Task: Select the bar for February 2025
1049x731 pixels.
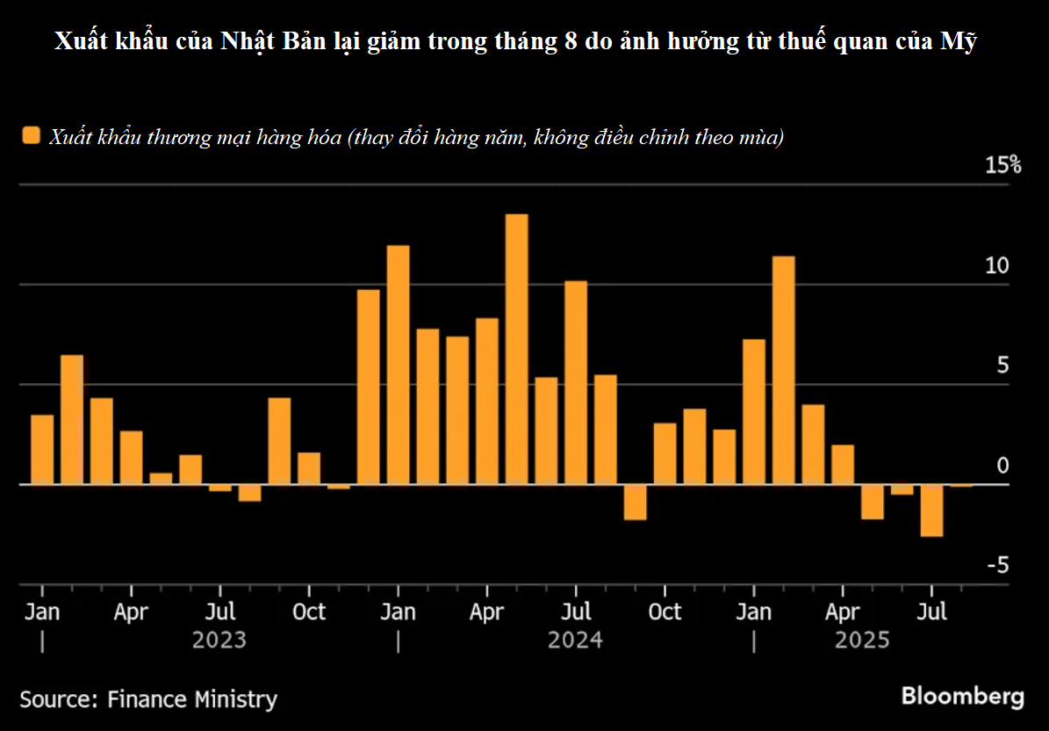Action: click(784, 370)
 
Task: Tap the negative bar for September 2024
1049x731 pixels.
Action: click(636, 502)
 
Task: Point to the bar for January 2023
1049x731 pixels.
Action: click(42, 449)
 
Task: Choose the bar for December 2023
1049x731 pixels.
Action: click(369, 387)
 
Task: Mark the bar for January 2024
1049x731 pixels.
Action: click(398, 365)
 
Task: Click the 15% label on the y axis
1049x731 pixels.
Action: click(1002, 165)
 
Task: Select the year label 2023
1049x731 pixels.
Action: click(219, 640)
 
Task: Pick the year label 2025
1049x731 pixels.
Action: click(862, 640)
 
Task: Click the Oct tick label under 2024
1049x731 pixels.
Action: click(665, 612)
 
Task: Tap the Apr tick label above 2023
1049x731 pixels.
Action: click(131, 612)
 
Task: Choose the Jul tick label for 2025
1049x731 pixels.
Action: click(931, 612)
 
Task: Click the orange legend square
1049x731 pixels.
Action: click(32, 137)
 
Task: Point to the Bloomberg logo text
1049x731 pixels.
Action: click(962, 697)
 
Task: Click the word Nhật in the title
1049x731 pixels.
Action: click(251, 41)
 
